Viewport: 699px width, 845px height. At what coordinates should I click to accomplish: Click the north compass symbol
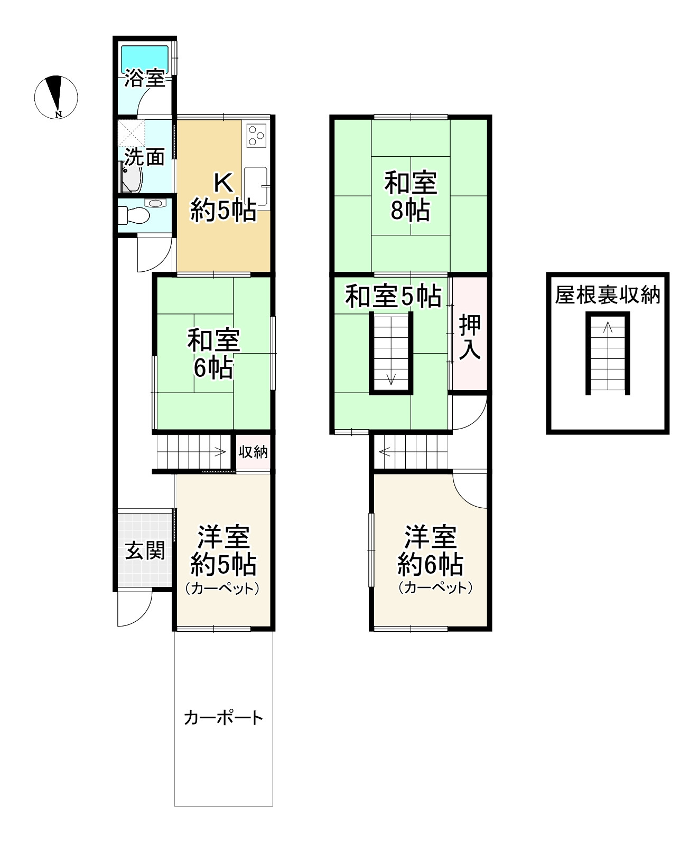coord(56,97)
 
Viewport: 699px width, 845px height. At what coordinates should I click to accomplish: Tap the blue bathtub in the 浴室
coord(145,58)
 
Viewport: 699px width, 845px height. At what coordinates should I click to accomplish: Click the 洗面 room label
coord(144,157)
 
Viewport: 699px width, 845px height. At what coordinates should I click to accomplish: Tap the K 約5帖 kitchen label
coord(223,197)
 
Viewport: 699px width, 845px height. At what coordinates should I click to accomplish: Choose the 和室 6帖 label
coord(213,354)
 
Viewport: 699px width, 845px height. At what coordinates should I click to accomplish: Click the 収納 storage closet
coord(253,452)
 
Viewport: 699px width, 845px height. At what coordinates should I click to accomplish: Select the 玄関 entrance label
coord(145,551)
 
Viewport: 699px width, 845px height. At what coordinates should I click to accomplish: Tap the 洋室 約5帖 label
coord(223,552)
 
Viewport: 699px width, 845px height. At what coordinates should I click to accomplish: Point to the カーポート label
coord(223,718)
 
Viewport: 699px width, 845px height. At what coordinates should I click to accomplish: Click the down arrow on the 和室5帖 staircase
coord(391,378)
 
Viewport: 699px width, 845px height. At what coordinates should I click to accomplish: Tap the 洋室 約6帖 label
coord(430,552)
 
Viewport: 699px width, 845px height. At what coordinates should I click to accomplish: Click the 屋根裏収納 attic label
coord(608,296)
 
